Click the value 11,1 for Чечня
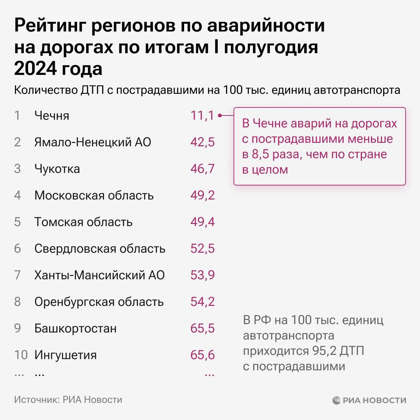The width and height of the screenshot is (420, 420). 202,115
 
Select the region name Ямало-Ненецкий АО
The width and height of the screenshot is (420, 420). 92,142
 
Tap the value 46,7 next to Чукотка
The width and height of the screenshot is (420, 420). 202,169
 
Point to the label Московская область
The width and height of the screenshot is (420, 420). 94,195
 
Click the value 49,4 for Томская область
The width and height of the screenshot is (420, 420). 202,222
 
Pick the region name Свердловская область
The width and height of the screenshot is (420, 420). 100,248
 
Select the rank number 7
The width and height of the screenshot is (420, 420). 17,275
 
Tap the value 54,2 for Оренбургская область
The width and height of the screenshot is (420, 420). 202,302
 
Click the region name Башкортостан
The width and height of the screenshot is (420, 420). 75,328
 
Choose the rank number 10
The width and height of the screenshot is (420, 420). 21,355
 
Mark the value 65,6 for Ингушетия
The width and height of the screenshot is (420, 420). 202,355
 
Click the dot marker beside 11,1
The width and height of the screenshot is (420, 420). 220,115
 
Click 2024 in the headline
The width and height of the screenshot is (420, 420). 35,69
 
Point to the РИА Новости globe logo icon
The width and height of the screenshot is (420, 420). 337,400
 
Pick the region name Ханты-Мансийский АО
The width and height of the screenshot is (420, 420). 99,275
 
